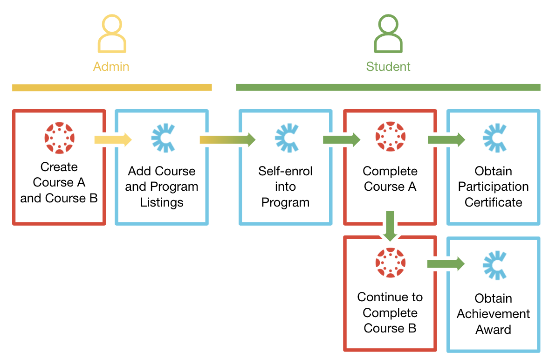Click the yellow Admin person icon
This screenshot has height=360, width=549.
tap(111, 34)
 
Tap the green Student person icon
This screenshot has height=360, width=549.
tap(388, 34)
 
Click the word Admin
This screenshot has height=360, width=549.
tap(111, 67)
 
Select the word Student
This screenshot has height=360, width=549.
tap(388, 67)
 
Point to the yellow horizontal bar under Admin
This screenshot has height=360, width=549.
tap(112, 87)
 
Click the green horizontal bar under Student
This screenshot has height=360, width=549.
tap(388, 87)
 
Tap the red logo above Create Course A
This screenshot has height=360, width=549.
tap(59, 138)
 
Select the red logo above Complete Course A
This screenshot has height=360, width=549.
tap(390, 137)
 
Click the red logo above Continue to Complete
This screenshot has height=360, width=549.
tap(390, 263)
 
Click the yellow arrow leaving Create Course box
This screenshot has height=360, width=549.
tap(113, 139)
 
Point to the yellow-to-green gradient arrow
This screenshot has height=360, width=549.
tap(227, 139)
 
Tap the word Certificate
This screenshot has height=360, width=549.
tap(493, 203)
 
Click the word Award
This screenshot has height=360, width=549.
tap(493, 330)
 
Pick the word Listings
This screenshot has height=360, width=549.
tap(162, 203)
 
